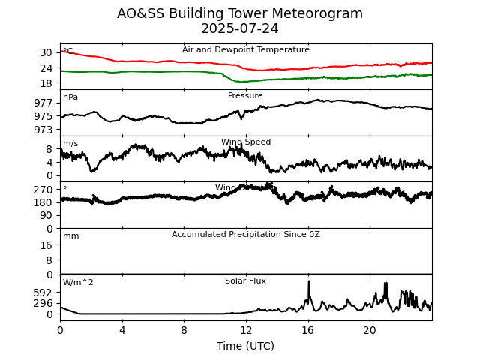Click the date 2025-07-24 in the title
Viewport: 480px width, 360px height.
pyautogui.click(x=240, y=29)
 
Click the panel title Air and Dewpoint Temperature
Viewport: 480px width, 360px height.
pyautogui.click(x=245, y=50)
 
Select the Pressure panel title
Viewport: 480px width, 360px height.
pyautogui.click(x=245, y=96)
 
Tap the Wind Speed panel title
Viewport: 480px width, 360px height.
pyautogui.click(x=245, y=142)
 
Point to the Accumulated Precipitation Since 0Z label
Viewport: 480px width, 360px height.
pyautogui.click(x=245, y=235)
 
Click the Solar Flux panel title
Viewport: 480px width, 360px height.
pyautogui.click(x=245, y=281)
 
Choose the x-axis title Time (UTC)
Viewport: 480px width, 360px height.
pyautogui.click(x=245, y=346)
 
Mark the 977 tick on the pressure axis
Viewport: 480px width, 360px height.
pyautogui.click(x=43, y=103)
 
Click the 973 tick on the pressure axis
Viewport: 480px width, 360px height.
pyautogui.click(x=43, y=130)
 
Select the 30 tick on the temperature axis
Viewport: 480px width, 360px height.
pyautogui.click(x=46, y=52)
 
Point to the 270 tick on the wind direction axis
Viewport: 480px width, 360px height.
pyautogui.click(x=43, y=190)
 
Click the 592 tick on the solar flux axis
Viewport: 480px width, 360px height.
pyautogui.click(x=43, y=292)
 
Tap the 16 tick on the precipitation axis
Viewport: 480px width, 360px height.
pyautogui.click(x=46, y=245)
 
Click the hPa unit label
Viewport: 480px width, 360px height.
pyautogui.click(x=70, y=97)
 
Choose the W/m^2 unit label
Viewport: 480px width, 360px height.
pyautogui.click(x=78, y=283)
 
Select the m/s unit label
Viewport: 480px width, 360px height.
pyautogui.click(x=70, y=144)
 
